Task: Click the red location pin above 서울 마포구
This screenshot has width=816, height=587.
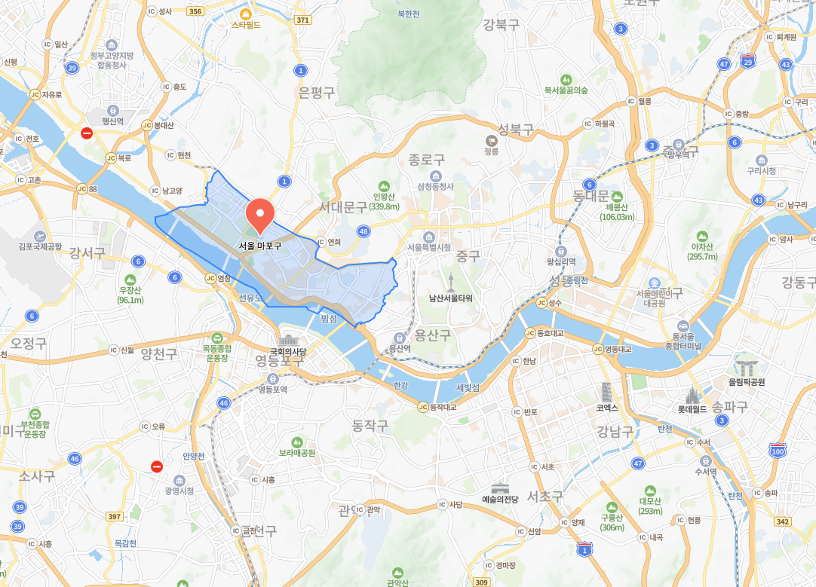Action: click(260, 213)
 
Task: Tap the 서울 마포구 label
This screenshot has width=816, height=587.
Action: click(260, 246)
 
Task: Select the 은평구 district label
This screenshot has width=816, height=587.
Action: click(316, 92)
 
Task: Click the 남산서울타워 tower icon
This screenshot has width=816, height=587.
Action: click(451, 282)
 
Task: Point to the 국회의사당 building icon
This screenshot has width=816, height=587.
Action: click(289, 340)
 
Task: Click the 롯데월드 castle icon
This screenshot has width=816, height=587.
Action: click(689, 395)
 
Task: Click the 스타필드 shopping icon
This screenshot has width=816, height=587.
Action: click(245, 13)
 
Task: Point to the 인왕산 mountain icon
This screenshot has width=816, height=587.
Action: click(385, 186)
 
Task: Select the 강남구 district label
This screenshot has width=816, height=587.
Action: click(615, 430)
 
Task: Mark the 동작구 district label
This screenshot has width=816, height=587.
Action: click(370, 426)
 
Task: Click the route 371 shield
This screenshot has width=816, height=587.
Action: click(303, 20)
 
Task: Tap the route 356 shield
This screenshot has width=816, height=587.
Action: click(195, 11)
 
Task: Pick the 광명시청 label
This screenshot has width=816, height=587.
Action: click(179, 491)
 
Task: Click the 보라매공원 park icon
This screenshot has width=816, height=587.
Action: click(296, 442)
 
